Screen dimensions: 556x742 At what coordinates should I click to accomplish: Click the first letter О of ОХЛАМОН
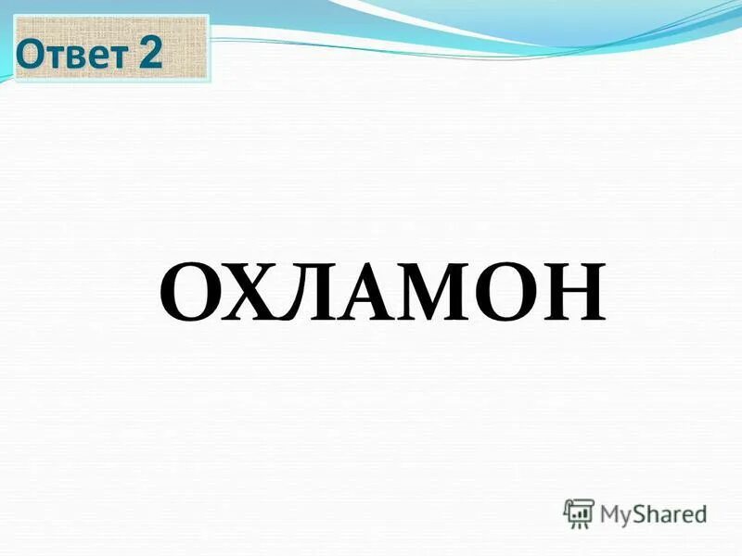click(190, 291)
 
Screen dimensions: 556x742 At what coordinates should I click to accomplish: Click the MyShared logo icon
click(579, 512)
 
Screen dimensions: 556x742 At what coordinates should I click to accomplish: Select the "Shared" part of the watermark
click(670, 512)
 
